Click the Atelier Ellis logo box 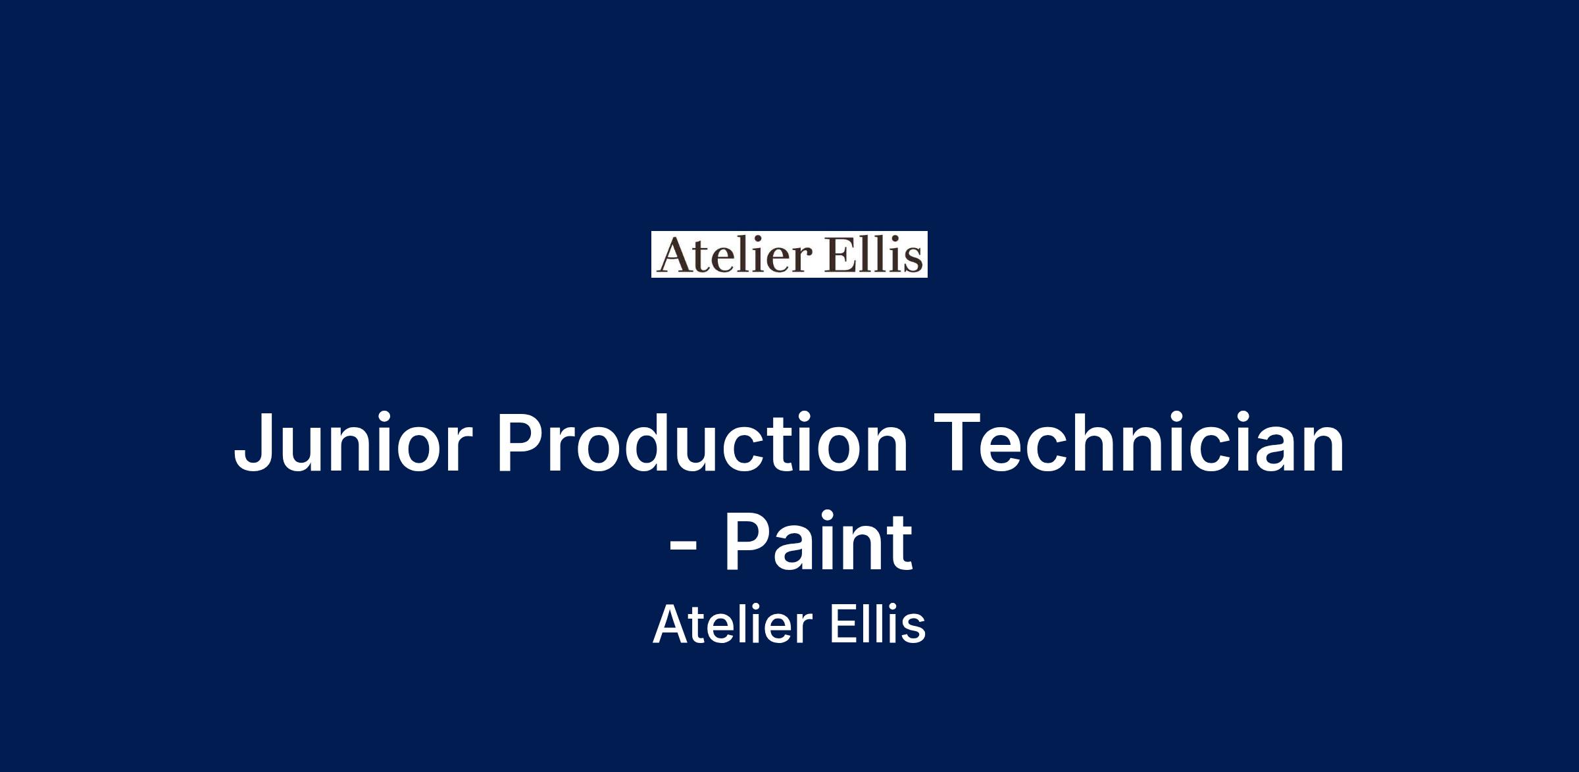(x=789, y=254)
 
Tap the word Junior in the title (x=353, y=442)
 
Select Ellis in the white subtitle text (x=878, y=624)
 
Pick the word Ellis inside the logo (x=866, y=255)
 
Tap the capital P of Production (x=521, y=442)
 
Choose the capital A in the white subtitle (x=670, y=624)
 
